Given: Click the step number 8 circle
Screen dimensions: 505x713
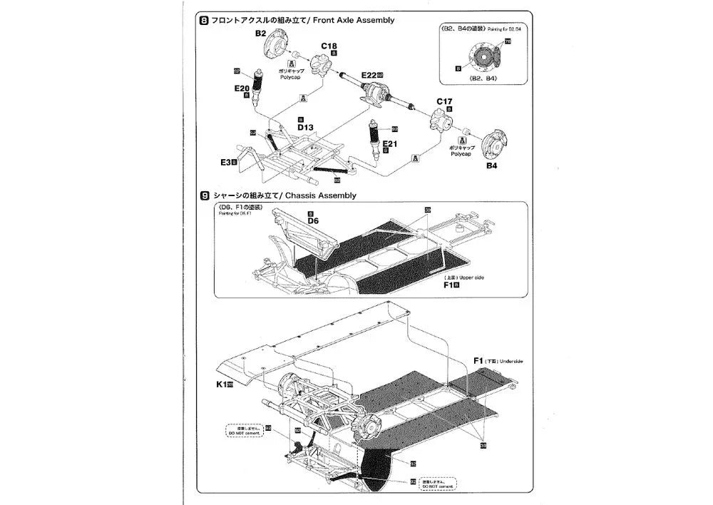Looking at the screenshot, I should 205,21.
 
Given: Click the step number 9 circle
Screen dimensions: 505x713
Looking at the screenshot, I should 205,195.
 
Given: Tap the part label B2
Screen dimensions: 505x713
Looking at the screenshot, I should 260,34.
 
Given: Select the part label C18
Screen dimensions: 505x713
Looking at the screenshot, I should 329,46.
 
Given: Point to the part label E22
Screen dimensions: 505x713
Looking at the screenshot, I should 369,75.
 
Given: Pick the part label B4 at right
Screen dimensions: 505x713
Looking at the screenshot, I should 491,167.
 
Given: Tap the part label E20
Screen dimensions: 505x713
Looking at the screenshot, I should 241,88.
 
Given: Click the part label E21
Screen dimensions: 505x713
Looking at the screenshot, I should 389,143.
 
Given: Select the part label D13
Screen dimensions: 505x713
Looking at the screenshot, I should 305,127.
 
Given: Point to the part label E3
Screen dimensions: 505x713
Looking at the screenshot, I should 227,163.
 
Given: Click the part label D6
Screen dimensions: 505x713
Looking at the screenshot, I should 313,221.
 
